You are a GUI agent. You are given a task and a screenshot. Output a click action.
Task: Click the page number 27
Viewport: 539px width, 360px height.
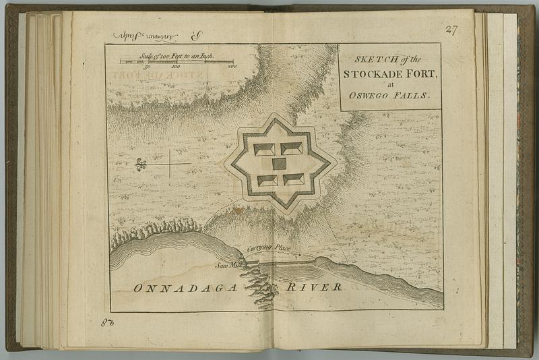[x=451, y=29]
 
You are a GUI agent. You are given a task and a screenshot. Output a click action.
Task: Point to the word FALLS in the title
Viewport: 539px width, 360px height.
[x=411, y=96]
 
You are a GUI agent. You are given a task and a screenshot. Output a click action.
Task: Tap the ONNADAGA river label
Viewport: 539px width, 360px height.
[x=185, y=288]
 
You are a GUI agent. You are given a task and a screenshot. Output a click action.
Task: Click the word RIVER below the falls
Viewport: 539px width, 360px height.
[x=314, y=287]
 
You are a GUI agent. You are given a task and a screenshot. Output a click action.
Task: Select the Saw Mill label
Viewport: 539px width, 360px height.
[x=228, y=265]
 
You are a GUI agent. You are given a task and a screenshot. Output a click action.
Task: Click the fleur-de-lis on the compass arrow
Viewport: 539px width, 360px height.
[x=140, y=164]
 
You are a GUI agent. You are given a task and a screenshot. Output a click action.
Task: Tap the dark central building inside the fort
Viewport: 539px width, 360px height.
[x=279, y=164]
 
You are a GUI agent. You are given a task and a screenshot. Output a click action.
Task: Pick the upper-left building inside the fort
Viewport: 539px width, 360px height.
[x=263, y=148]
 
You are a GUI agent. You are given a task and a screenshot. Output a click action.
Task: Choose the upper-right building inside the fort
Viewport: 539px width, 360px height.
[x=292, y=148]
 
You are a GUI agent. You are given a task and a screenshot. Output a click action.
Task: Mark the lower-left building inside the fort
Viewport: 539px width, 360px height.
[x=267, y=180]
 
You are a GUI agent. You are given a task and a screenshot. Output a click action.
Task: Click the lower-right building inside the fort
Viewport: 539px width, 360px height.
[x=294, y=179]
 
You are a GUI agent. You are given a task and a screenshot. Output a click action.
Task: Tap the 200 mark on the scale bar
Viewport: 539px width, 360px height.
[x=230, y=67]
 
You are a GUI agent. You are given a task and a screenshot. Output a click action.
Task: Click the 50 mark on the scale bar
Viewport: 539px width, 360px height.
[x=147, y=67]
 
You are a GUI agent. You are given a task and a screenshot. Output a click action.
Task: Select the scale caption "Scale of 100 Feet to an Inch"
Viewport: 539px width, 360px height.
[x=177, y=56]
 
